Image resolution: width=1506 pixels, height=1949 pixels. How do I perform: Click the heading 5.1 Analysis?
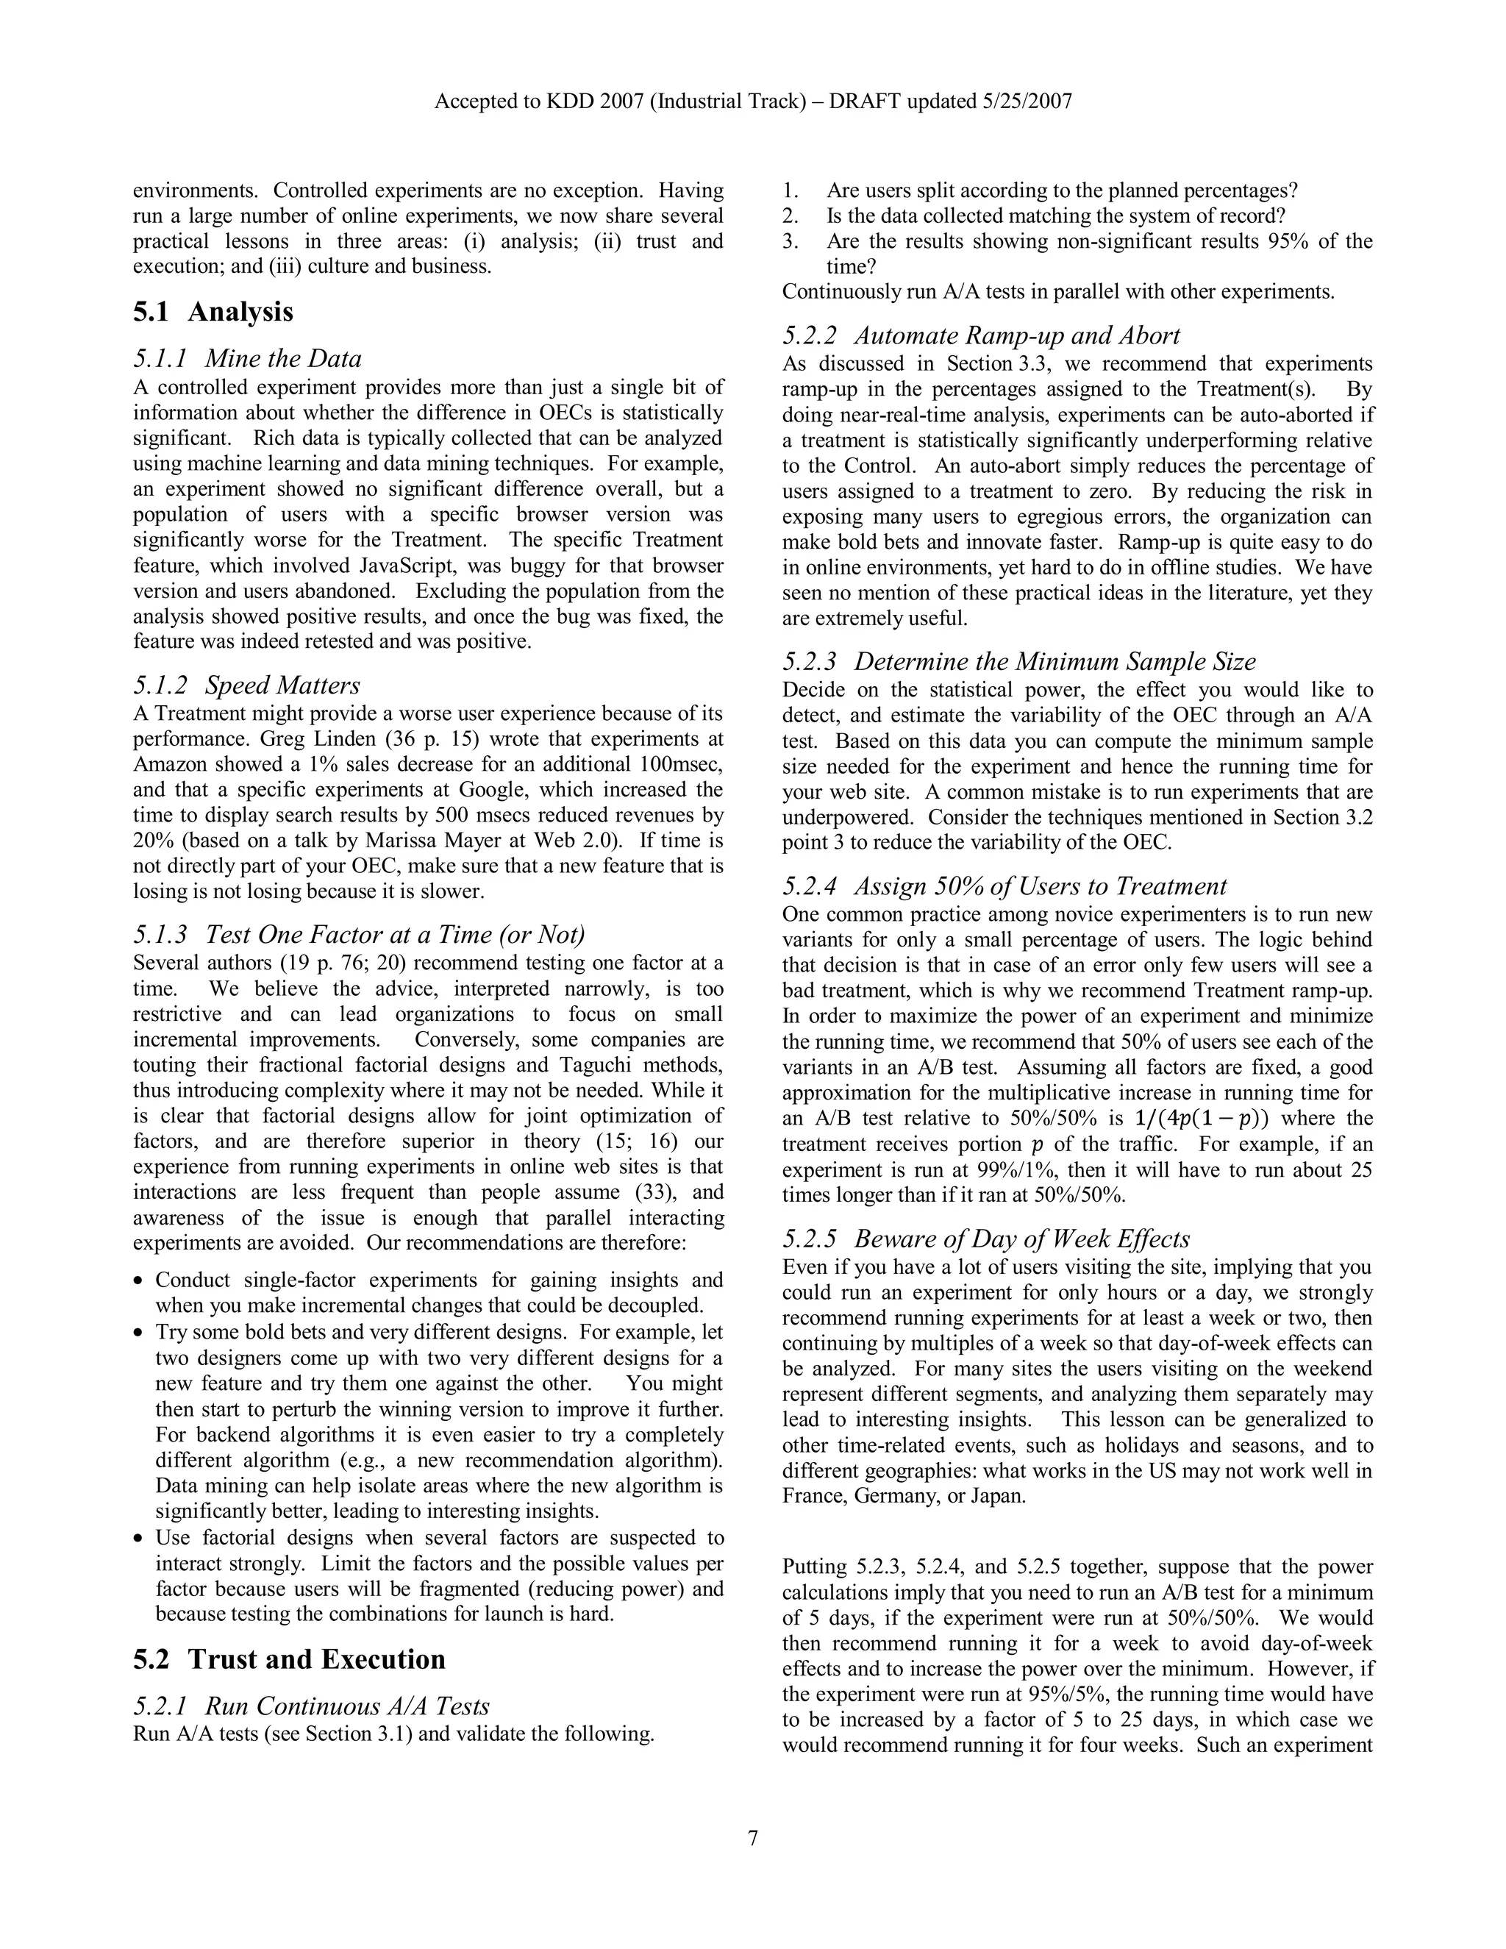213,313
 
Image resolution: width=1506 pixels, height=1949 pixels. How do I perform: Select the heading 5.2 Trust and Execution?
289,1659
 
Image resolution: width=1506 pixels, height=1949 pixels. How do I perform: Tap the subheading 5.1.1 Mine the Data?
247,359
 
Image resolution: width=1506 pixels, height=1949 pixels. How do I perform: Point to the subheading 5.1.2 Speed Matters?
246,685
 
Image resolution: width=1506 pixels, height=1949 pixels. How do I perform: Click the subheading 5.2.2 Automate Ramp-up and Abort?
982,335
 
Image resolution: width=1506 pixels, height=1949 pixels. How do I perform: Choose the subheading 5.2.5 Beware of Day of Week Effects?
986,1239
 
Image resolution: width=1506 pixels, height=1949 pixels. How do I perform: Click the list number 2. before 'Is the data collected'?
790,216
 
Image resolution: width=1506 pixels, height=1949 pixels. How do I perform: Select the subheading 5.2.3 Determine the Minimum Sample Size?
1019,661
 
